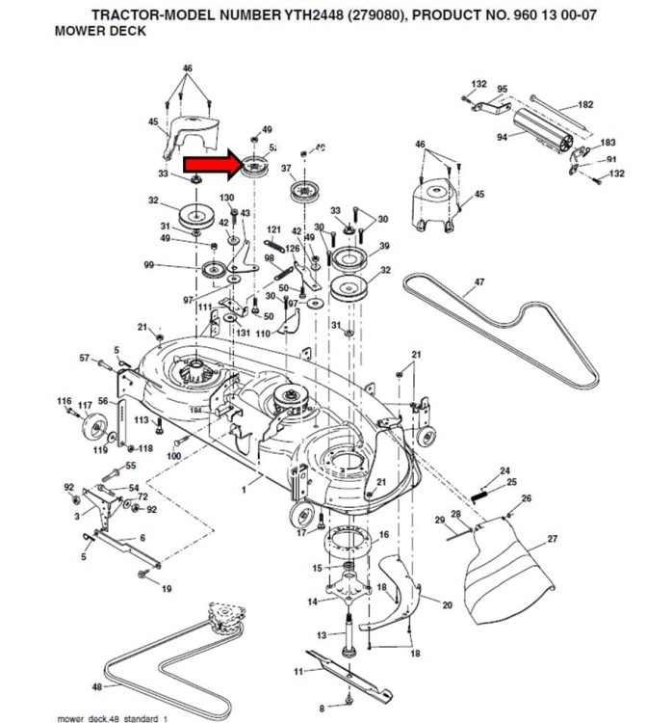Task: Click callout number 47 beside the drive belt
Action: [478, 283]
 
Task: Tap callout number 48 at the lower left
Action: [96, 687]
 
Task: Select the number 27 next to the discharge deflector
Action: [552, 539]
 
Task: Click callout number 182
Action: [585, 105]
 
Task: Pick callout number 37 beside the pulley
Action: [286, 168]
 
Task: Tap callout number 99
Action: [149, 265]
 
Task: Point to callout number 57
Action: [84, 358]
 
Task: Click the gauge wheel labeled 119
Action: [95, 427]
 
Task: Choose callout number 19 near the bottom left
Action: [167, 588]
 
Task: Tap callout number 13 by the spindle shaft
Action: [322, 634]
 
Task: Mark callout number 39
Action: [384, 246]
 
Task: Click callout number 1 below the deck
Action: [244, 491]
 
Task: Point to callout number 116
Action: [65, 400]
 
